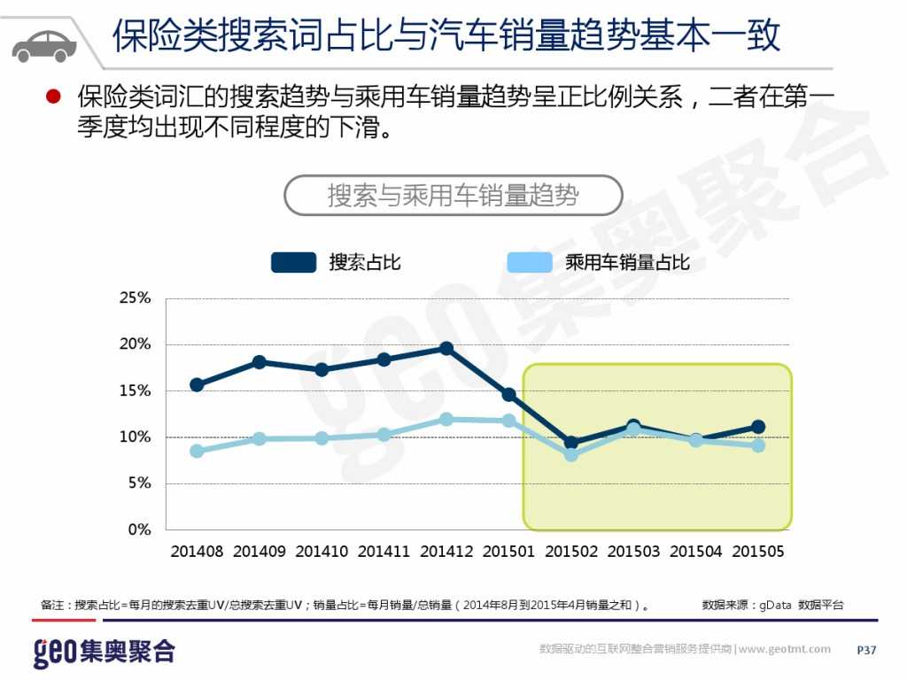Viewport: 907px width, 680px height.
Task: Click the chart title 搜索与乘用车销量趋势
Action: click(453, 195)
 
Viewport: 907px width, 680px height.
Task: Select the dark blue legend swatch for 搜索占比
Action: click(293, 262)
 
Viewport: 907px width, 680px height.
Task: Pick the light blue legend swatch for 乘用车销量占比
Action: click(530, 262)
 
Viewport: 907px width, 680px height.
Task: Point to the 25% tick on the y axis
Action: click(136, 298)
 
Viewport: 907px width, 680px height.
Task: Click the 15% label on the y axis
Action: click(136, 390)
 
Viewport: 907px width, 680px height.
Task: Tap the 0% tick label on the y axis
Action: click(139, 529)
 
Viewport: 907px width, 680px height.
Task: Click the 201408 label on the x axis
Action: click(197, 552)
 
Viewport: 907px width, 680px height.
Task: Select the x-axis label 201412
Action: click(446, 552)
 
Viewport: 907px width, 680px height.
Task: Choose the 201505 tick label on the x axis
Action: click(758, 552)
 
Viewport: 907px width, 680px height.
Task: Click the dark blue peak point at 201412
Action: click(446, 349)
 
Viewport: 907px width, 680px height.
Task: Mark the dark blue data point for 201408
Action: click(197, 384)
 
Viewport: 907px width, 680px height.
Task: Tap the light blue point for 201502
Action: click(571, 454)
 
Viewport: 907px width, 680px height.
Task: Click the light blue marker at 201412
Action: click(446, 419)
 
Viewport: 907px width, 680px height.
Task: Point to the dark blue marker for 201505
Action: click(758, 427)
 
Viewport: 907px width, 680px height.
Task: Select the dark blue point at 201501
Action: click(508, 394)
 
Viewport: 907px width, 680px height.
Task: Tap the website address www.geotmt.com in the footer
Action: click(785, 650)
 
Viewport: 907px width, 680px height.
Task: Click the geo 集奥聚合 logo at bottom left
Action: click(105, 653)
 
